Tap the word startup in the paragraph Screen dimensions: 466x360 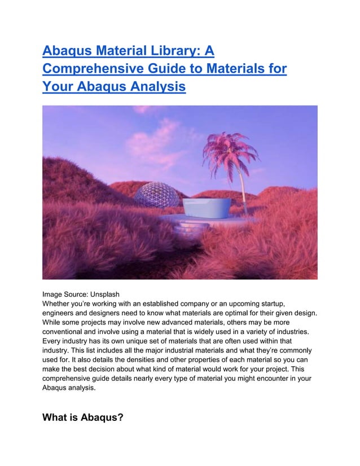pos(270,304)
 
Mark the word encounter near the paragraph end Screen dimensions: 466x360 pos(266,379)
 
